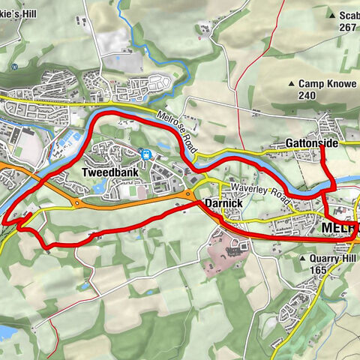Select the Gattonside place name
(311, 143)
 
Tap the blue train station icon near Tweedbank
(146, 154)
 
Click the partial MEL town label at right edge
(340, 227)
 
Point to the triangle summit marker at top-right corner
(331, 14)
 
